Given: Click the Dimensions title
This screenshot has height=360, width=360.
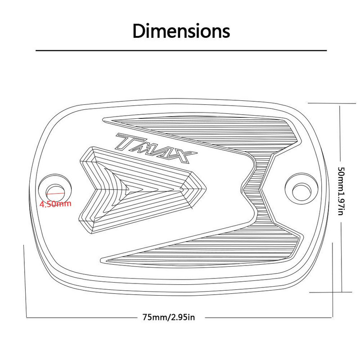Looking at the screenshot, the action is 181,31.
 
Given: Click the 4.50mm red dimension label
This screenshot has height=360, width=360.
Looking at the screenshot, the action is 55,204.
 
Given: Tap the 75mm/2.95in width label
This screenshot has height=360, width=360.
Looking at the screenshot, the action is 169,317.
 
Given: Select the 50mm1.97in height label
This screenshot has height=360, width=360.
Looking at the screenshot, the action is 341,191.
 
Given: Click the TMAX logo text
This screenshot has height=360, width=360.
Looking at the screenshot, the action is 156,148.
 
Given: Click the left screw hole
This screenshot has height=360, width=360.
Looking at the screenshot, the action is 55,191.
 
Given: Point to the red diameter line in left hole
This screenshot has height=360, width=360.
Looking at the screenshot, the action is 55,193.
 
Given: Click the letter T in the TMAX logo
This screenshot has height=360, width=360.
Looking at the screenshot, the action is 129,141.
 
